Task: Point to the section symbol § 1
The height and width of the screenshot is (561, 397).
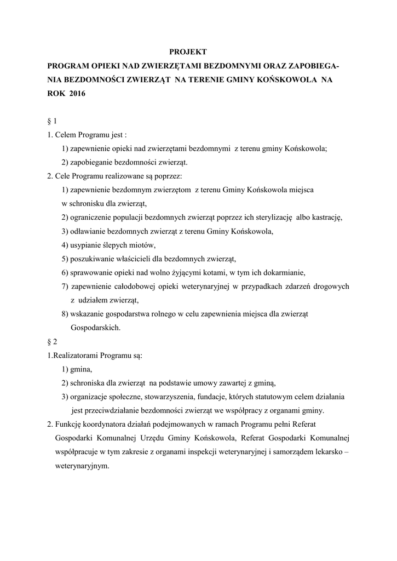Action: tap(53, 121)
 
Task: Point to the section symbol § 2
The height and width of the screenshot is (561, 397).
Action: tap(53, 341)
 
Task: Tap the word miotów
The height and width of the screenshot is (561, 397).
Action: tap(145, 245)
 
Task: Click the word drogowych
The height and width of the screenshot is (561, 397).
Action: tap(330, 286)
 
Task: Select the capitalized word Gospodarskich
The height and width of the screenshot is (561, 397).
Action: tap(95, 328)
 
